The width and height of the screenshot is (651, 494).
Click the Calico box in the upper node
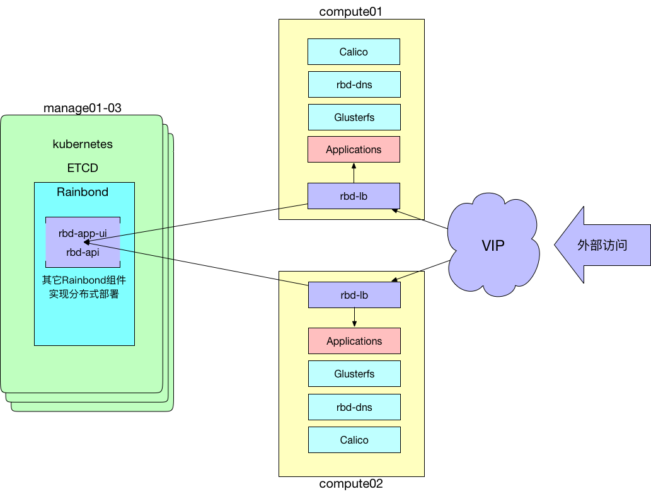coord(354,52)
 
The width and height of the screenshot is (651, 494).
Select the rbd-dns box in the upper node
coord(354,84)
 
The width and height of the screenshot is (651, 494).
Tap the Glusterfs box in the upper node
coord(354,117)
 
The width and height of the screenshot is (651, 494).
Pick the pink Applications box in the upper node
coord(354,149)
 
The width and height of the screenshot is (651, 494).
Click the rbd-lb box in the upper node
coord(354,196)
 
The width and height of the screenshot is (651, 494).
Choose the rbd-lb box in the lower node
coord(354,295)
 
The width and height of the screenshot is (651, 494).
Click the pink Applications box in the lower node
coord(354,341)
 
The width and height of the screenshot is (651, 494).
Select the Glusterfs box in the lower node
coord(354,374)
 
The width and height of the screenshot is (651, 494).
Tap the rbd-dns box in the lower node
coord(354,407)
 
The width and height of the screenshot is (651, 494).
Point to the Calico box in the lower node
coord(354,440)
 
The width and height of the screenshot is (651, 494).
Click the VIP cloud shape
coord(493,245)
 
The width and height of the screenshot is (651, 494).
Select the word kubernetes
coord(83,144)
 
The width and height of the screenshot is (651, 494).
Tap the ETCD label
coord(83,168)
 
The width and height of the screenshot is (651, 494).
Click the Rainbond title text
coord(83,192)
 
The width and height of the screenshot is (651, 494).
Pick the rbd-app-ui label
coord(83,233)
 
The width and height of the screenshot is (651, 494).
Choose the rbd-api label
coord(83,252)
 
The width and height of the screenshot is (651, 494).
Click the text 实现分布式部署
coord(84,294)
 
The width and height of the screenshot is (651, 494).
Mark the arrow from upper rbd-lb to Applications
coord(354,173)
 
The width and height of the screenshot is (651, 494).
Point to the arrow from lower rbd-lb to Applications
coord(354,318)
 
